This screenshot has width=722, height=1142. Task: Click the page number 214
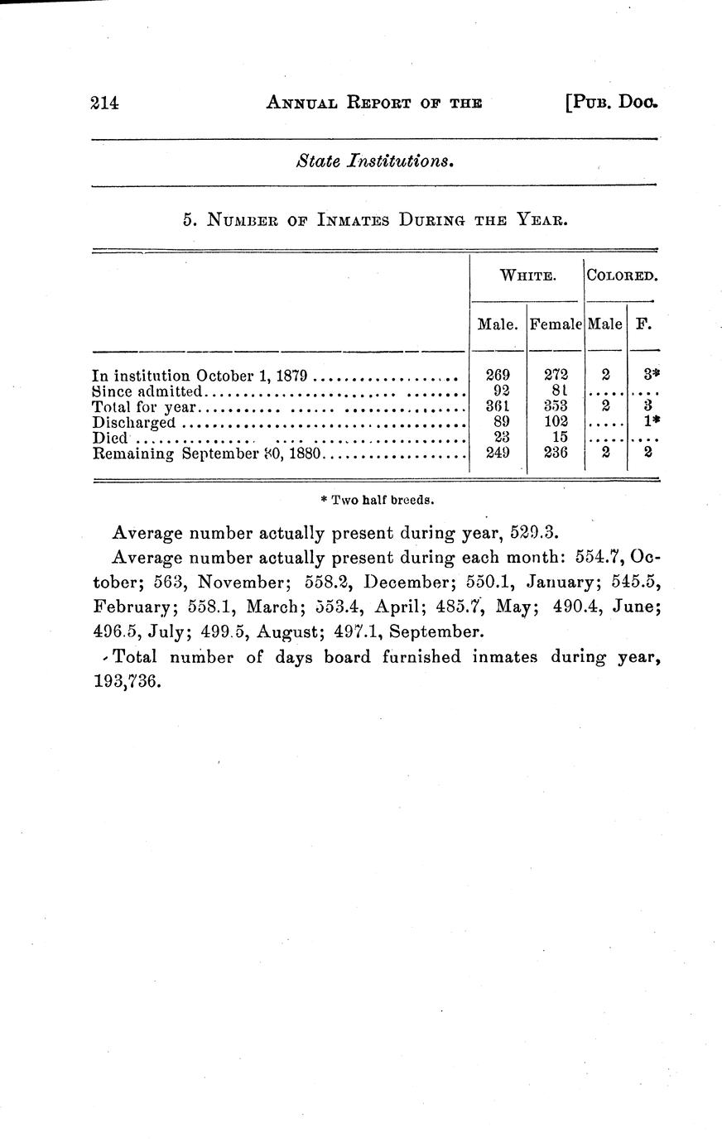pyautogui.click(x=105, y=103)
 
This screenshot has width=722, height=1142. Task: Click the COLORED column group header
pyautogui.click(x=622, y=276)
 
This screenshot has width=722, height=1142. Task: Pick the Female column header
pyautogui.click(x=556, y=325)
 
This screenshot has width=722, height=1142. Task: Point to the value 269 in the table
pyautogui.click(x=497, y=375)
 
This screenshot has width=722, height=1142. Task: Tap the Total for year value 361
pyautogui.click(x=497, y=406)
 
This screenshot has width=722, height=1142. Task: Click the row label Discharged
pyautogui.click(x=134, y=422)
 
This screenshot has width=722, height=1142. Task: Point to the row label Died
pyautogui.click(x=110, y=438)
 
